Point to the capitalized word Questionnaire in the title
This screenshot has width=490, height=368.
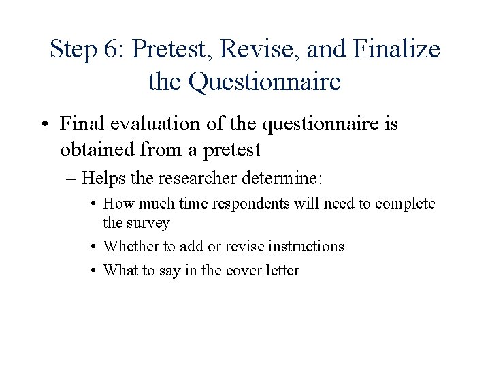[264, 82]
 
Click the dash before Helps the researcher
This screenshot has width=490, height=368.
[71, 179]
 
